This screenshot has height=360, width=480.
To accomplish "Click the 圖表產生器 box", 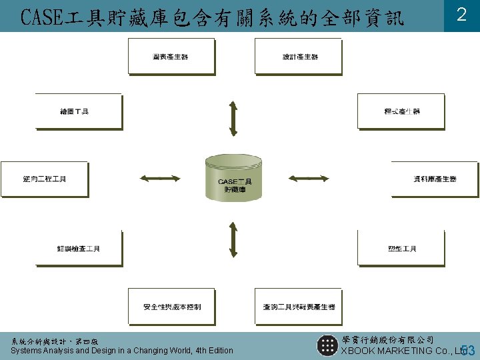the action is [x=171, y=57].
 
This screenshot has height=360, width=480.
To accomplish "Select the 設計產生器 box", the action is [x=297, y=57].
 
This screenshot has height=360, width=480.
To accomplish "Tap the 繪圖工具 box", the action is [x=78, y=111].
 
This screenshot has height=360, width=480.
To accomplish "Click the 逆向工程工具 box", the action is [x=44, y=179].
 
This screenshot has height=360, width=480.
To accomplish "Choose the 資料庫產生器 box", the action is [x=435, y=179].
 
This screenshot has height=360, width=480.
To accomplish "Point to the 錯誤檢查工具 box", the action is [x=78, y=249].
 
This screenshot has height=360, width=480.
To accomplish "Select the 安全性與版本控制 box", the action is [x=171, y=307].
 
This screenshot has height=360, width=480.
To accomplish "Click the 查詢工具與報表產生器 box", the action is [x=297, y=307].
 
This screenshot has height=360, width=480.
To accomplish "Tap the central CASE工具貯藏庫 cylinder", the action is [x=233, y=179].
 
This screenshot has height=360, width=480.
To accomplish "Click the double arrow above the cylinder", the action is [x=233, y=119].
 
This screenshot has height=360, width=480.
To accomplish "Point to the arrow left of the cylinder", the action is [x=160, y=178].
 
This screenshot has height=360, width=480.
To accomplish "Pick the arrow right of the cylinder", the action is [x=307, y=178].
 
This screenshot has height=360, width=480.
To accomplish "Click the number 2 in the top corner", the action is [x=461, y=15].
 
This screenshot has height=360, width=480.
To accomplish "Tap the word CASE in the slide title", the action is [x=39, y=17].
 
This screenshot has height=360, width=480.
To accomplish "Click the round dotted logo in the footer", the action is [x=327, y=345].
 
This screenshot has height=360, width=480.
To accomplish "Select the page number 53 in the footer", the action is [x=468, y=350].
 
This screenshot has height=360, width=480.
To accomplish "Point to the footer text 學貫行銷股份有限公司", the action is [x=387, y=340].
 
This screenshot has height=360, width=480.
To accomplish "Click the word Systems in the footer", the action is [x=26, y=351].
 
